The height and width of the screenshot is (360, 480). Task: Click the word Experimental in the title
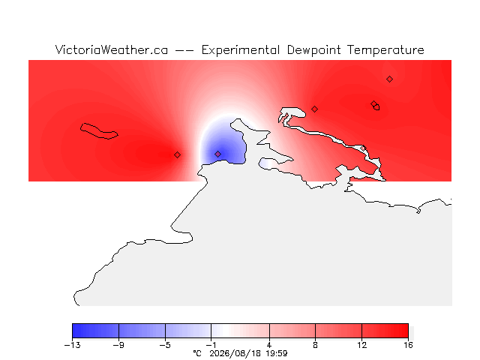(x=240, y=50)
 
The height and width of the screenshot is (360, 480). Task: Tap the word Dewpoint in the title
(x=313, y=50)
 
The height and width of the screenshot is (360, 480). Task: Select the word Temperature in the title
(x=385, y=50)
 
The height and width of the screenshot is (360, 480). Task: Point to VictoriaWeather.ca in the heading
(x=112, y=49)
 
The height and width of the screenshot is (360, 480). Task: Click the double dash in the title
(x=184, y=50)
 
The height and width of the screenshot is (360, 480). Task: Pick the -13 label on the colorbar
(x=73, y=345)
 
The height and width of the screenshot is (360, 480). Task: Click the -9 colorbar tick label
(x=118, y=345)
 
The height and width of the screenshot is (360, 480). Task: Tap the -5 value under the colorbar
(x=165, y=345)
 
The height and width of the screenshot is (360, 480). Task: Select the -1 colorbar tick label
(x=211, y=345)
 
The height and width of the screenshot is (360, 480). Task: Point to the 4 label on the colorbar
(x=269, y=345)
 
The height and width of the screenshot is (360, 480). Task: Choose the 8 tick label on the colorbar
(x=315, y=345)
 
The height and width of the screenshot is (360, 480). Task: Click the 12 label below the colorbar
(x=361, y=345)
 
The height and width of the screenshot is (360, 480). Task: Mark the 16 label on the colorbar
(x=408, y=345)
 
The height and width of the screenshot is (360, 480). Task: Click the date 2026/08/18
(x=235, y=353)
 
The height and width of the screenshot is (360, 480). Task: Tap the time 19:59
(x=277, y=353)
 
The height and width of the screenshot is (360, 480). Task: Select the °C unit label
(x=197, y=353)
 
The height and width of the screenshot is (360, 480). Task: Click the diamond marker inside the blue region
(x=217, y=154)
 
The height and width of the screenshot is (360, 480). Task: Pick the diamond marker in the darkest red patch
(x=177, y=155)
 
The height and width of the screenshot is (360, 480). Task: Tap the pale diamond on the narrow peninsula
(x=363, y=148)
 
